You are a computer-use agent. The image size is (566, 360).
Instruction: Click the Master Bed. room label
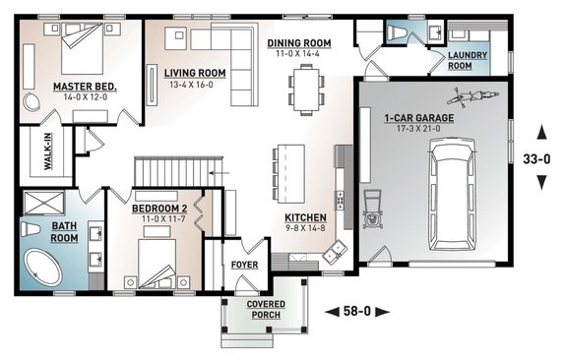pos(85,87)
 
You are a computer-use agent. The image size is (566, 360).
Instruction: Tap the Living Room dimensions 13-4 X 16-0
pos(191,86)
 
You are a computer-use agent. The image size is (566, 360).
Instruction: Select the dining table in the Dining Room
pos(306,90)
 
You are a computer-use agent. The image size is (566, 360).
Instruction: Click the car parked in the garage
pos(452,195)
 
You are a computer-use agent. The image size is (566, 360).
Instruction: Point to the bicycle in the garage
pos(472,96)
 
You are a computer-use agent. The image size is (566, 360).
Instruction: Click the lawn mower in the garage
pos(373,210)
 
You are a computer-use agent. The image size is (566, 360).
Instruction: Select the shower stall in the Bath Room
pos(43,203)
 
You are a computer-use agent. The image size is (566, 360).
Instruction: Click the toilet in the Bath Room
pos(30,229)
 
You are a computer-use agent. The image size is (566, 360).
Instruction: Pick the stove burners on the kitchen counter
pos(340,201)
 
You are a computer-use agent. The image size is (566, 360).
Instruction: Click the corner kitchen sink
pos(335,252)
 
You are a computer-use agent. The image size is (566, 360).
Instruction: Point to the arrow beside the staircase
pos(220,173)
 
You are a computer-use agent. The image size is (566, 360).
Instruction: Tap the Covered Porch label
pos(266,310)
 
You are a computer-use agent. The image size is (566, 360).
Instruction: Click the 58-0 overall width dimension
pos(357,311)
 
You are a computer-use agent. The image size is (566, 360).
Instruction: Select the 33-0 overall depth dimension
pos(536,158)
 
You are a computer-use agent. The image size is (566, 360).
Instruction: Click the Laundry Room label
pos(468,61)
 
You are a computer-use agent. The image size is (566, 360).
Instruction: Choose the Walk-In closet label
pos(48,151)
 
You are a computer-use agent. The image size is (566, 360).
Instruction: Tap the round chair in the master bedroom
pos(31,100)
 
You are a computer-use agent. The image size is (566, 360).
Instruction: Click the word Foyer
pos(244,265)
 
